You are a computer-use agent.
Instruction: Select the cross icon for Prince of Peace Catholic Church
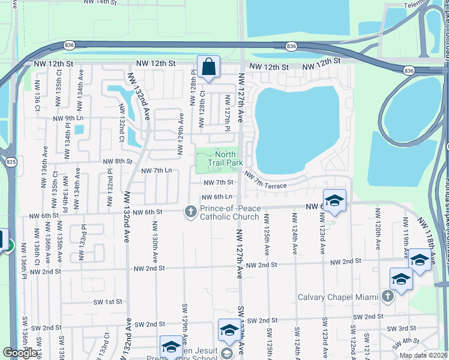(190, 211)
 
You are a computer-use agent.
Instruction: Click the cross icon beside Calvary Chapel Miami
(388, 296)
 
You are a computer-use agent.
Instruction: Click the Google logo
(20, 353)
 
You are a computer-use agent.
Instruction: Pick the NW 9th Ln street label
(67, 118)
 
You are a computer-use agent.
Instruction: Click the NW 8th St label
(117, 161)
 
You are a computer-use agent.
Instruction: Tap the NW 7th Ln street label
(157, 171)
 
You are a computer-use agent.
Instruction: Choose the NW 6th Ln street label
(217, 197)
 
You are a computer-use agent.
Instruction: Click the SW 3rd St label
(402, 329)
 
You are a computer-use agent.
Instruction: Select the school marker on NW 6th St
(334, 201)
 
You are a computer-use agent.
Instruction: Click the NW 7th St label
(218, 182)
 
